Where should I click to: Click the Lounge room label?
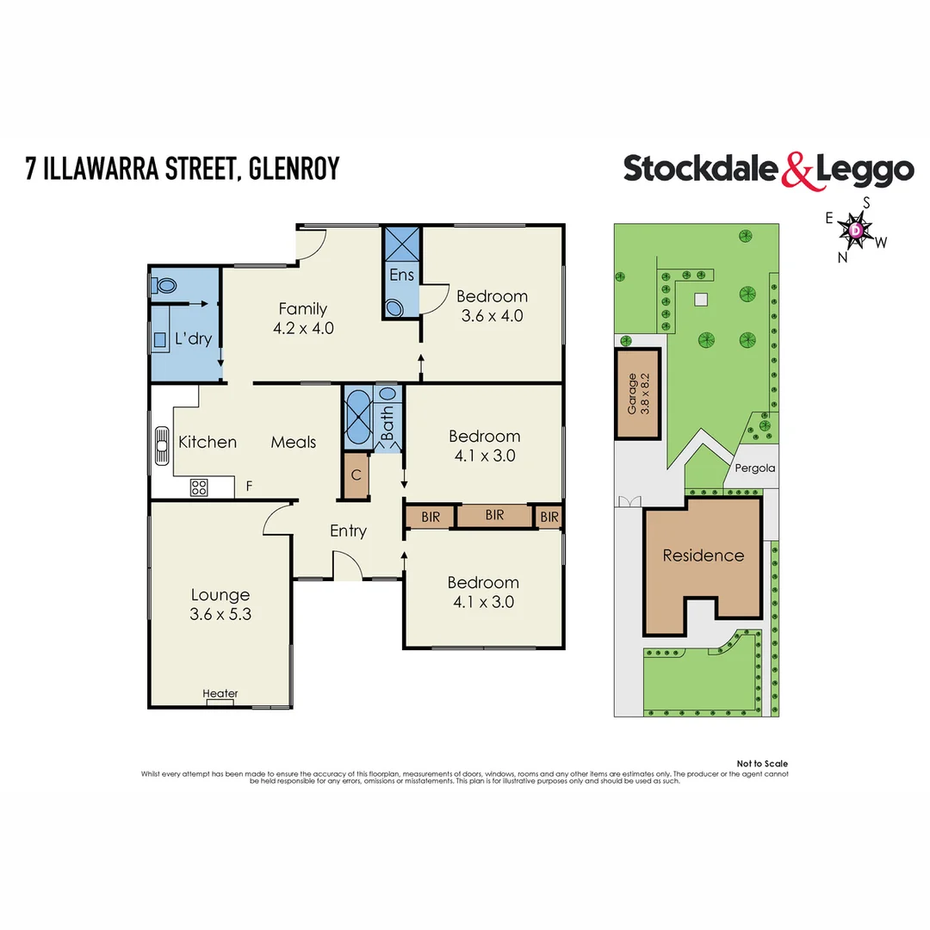point(220,595)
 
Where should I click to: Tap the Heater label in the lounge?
point(220,693)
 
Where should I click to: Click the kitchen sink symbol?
point(160,445)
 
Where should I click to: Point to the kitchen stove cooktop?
point(199,487)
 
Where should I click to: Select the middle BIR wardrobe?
point(493,515)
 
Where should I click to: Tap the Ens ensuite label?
point(401,276)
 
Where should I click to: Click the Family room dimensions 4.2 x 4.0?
point(302,328)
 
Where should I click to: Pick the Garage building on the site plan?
point(638,393)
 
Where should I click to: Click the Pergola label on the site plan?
point(755,468)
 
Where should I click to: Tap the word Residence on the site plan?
point(703,555)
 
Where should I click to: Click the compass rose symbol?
point(856,230)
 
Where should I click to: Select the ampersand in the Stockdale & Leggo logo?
point(797,170)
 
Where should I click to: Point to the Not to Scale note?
point(762,764)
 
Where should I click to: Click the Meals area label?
point(294,442)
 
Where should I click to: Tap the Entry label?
point(348,531)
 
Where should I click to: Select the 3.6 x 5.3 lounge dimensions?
point(220,615)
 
